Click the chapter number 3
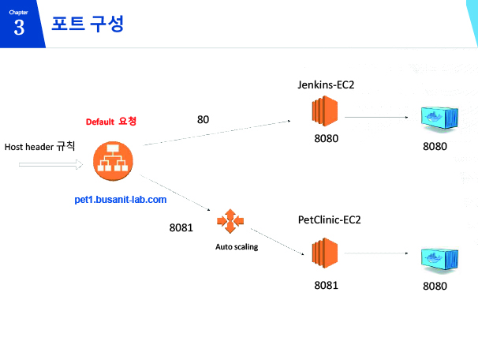[x=19, y=28]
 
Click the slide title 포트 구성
[x=88, y=24]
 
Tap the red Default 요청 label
[x=111, y=121]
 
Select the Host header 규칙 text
[x=39, y=146]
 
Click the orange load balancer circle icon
[x=113, y=161]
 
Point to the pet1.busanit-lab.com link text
[x=121, y=200]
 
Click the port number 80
[x=203, y=119]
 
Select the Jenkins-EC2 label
[x=326, y=84]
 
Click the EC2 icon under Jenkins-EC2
[x=325, y=111]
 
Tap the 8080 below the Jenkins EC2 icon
[x=327, y=138]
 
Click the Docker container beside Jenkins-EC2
[x=439, y=118]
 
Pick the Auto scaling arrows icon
[x=230, y=221]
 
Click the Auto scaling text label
[x=237, y=246]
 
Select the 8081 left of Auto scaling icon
[x=181, y=227]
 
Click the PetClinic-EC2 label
[x=329, y=219]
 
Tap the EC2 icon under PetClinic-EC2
[x=325, y=253]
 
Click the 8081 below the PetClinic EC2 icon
[x=327, y=285]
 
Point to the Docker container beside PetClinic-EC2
[x=439, y=260]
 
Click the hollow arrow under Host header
[x=50, y=164]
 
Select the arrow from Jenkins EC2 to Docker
[x=376, y=117]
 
